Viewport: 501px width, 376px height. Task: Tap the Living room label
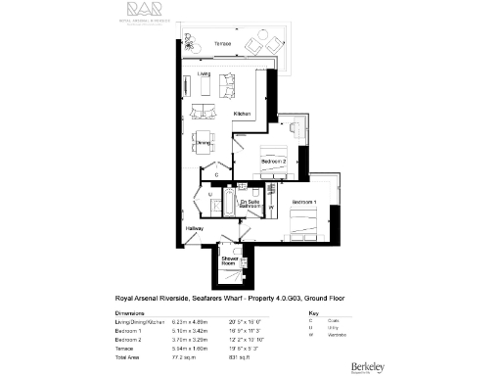[204, 73]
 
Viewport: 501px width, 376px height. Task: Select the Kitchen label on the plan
[243, 115]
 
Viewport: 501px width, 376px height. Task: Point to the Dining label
[205, 143]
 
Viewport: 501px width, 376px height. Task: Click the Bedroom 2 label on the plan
[273, 160]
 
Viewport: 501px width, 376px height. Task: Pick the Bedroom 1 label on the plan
[303, 202]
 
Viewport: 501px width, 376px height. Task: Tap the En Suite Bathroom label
[249, 205]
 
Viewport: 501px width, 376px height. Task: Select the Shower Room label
[230, 259]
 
